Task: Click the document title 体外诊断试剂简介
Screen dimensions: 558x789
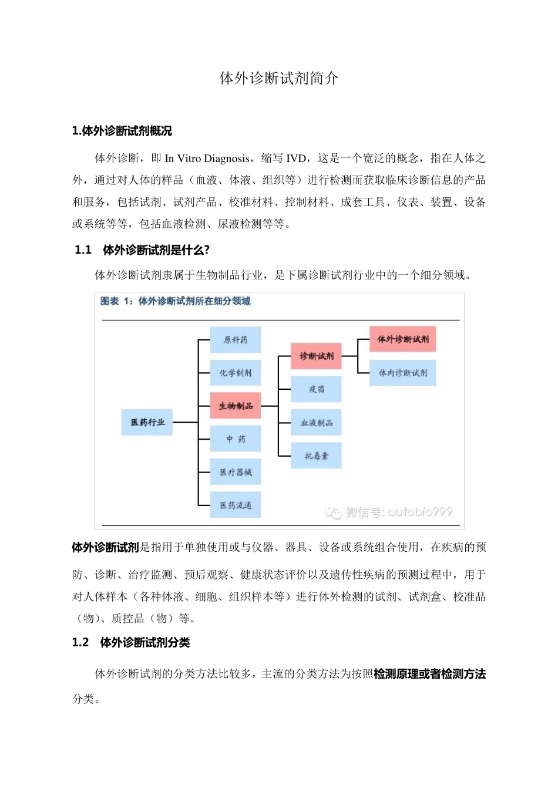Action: click(x=279, y=79)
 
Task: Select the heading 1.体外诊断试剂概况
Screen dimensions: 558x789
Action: click(x=122, y=131)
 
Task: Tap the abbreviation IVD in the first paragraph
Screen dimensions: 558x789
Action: click(x=296, y=159)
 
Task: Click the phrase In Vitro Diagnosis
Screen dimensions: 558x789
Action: click(x=207, y=159)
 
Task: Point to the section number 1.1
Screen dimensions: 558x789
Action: click(x=83, y=250)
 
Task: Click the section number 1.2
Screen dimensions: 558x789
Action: click(x=80, y=643)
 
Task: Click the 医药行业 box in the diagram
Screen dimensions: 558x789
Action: click(x=147, y=422)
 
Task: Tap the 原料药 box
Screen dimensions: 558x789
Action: click(x=236, y=340)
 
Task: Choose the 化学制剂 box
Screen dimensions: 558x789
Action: click(x=236, y=373)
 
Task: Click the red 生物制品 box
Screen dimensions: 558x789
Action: click(x=236, y=406)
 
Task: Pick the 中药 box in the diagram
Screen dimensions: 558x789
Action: click(x=236, y=439)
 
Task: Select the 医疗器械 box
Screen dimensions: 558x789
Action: click(x=236, y=472)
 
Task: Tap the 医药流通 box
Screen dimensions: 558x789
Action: click(x=236, y=505)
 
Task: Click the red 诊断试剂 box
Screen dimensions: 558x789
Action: click(x=317, y=356)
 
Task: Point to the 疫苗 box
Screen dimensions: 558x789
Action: click(x=317, y=389)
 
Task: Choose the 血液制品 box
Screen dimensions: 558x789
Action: click(x=317, y=423)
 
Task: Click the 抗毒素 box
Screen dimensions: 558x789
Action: click(x=317, y=456)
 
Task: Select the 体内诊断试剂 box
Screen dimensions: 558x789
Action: click(x=403, y=373)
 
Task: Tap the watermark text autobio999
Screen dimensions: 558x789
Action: click(x=420, y=512)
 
